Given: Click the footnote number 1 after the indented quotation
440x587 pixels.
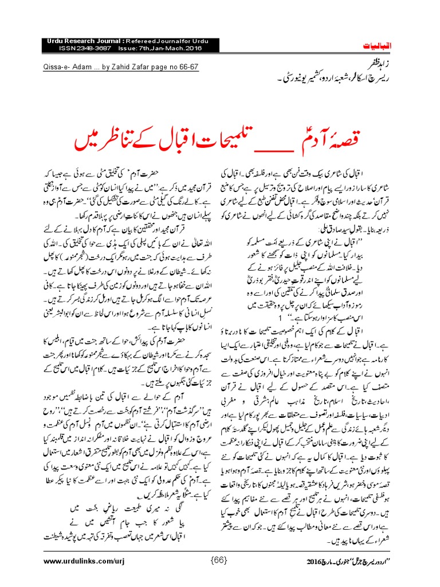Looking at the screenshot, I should click(x=280, y=316).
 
